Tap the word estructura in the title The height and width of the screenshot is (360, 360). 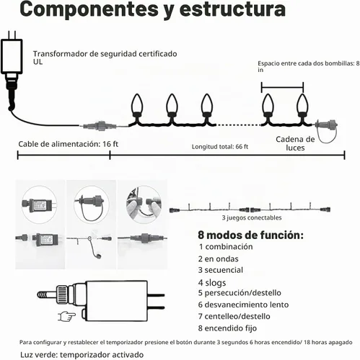232,9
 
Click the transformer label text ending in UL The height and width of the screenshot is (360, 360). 105,58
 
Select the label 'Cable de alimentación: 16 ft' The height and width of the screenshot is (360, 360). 69,144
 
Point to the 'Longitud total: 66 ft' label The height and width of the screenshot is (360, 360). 220,147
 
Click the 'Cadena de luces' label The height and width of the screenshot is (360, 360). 295,143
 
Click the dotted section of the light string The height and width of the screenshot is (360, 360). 238,125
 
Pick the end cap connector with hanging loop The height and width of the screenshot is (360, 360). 327,131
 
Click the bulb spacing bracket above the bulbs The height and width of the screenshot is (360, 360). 283,87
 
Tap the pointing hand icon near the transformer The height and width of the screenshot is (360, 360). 67,317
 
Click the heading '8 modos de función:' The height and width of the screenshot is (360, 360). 250,235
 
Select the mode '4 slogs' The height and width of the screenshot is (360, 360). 212,283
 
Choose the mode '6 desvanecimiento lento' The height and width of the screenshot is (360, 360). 243,305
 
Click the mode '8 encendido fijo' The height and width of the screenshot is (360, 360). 227,328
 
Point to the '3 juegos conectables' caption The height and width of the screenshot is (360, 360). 252,217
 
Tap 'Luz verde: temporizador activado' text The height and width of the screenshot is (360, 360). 82,355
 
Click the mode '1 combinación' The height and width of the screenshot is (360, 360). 226,247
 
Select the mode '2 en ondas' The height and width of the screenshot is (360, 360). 219,258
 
